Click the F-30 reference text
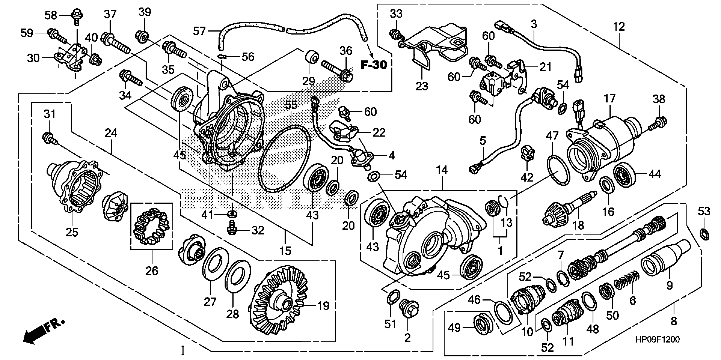click(x=374, y=65)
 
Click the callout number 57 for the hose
click(x=199, y=31)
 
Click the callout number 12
click(x=618, y=27)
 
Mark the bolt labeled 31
click(x=49, y=139)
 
